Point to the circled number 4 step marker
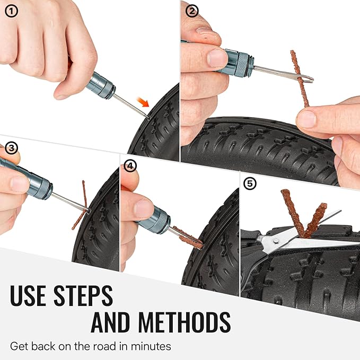(130, 165)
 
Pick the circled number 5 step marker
(249, 184)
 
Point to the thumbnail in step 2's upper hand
(217, 57)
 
